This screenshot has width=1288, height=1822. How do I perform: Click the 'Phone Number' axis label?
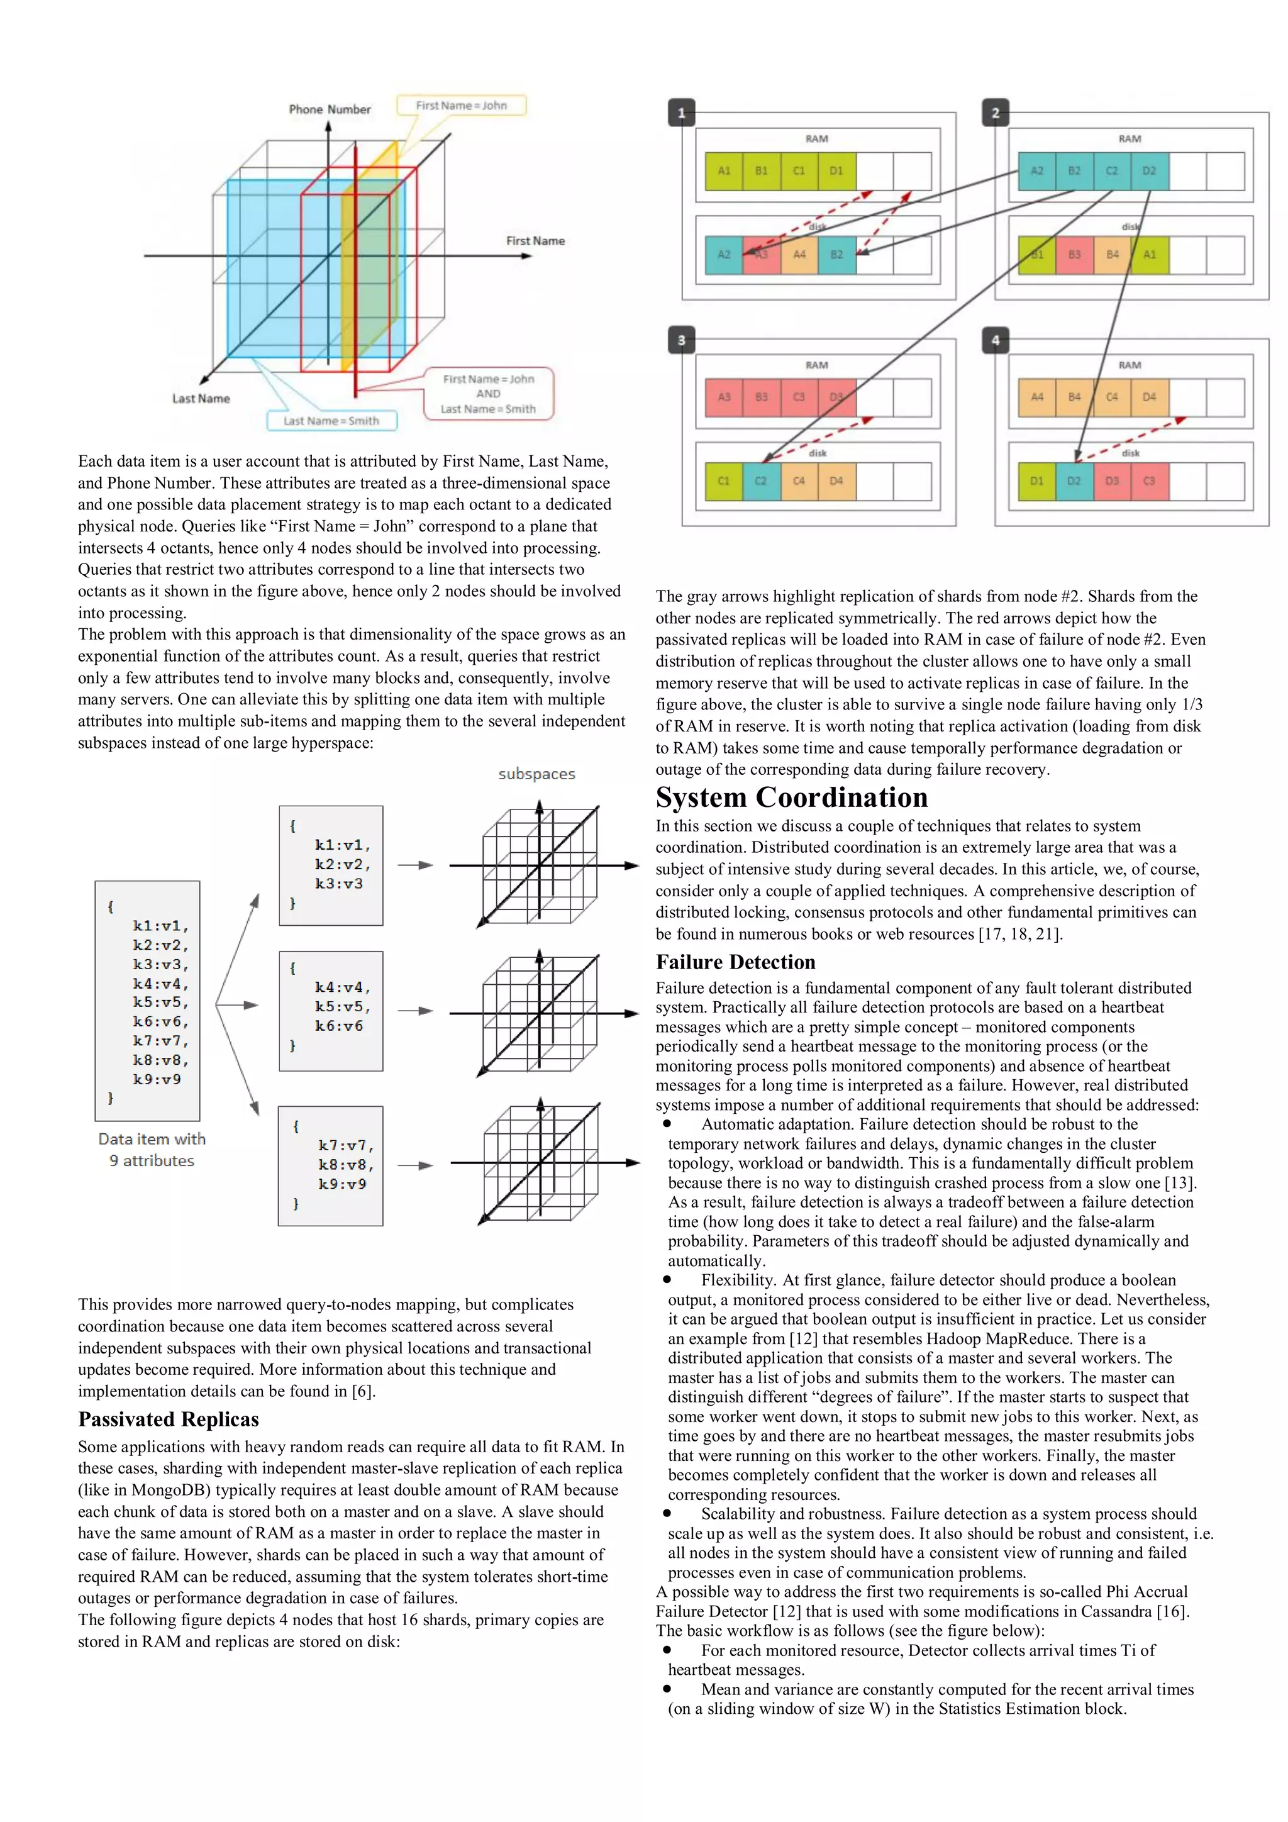pyautogui.click(x=330, y=109)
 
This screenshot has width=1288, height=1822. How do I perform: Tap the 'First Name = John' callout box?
pyautogui.click(x=461, y=106)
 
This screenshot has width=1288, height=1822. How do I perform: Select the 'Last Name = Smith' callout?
pyautogui.click(x=331, y=421)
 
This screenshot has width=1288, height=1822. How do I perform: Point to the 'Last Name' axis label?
pyautogui.click(x=201, y=398)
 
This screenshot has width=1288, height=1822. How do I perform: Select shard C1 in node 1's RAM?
pyautogui.click(x=798, y=170)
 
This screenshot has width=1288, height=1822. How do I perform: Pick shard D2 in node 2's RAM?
pyautogui.click(x=1148, y=170)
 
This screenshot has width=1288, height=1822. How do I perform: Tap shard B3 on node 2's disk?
pyautogui.click(x=1074, y=255)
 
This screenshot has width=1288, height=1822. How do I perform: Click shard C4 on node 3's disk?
pyautogui.click(x=798, y=481)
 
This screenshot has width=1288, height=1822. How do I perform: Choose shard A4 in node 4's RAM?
pyautogui.click(x=1036, y=397)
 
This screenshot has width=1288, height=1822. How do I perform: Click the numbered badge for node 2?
pyautogui.click(x=995, y=113)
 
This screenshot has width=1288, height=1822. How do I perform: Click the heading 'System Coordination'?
pyautogui.click(x=791, y=797)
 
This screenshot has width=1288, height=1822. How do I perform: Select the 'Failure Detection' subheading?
pyautogui.click(x=735, y=962)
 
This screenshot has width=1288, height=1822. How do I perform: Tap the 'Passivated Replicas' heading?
pyautogui.click(x=169, y=1419)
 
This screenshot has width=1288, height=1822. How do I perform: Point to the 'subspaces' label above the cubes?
pyautogui.click(x=536, y=774)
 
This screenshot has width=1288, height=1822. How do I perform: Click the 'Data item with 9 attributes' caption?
pyautogui.click(x=152, y=1149)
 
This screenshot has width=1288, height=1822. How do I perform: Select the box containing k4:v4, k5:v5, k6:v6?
pyautogui.click(x=331, y=1010)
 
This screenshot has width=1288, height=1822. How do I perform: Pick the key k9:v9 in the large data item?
pyautogui.click(x=157, y=1079)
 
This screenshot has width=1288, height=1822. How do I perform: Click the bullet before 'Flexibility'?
pyautogui.click(x=667, y=1279)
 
